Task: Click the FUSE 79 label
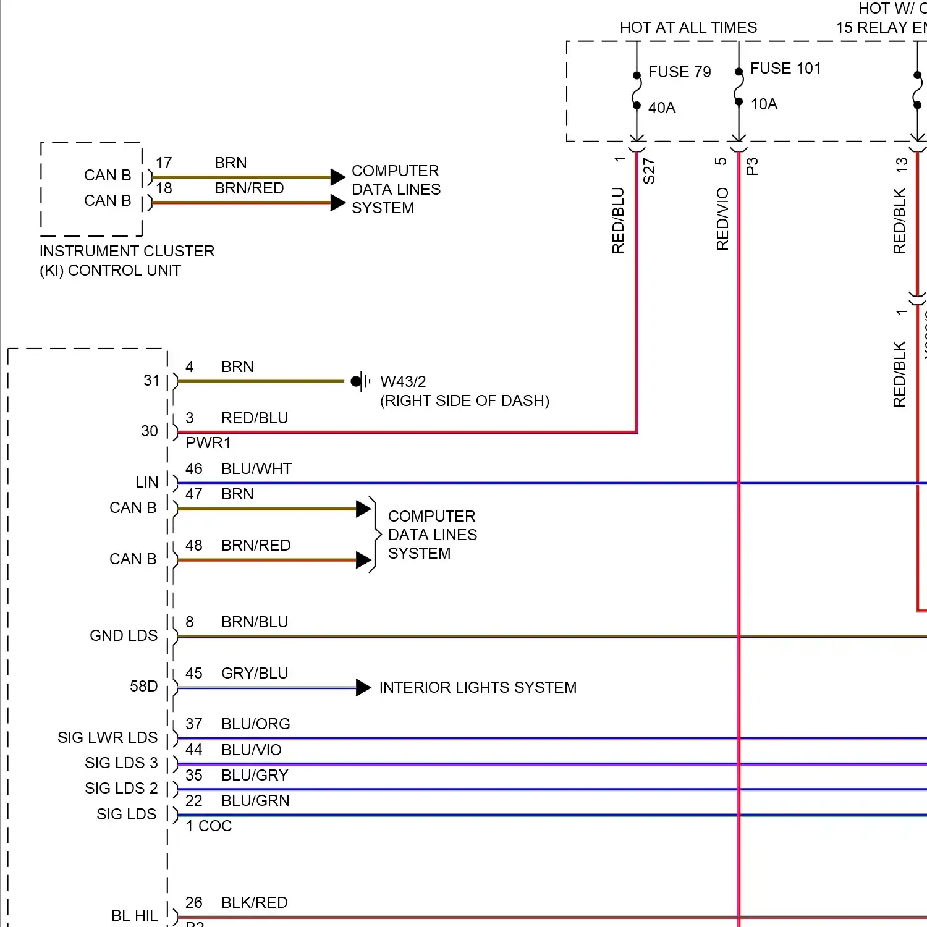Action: pyautogui.click(x=679, y=72)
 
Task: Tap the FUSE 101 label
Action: pyautogui.click(x=785, y=69)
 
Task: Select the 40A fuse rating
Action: pyautogui.click(x=662, y=108)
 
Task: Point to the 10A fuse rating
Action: pyautogui.click(x=764, y=104)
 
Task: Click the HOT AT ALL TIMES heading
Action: pyautogui.click(x=688, y=28)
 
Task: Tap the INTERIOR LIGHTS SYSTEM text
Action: pyautogui.click(x=478, y=688)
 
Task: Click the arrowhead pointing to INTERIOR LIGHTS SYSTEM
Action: pyautogui.click(x=363, y=688)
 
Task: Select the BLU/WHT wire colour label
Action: pyautogui.click(x=256, y=469)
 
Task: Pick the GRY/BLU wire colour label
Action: pyautogui.click(x=255, y=674)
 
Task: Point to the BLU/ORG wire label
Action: pyautogui.click(x=255, y=724)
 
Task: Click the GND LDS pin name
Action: pyautogui.click(x=124, y=636)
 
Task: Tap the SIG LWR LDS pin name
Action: pyautogui.click(x=108, y=738)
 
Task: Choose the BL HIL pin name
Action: pyautogui.click(x=134, y=916)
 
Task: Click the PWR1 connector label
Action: pyautogui.click(x=208, y=443)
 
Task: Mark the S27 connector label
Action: pyautogui.click(x=649, y=171)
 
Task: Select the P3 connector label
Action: pyautogui.click(x=752, y=166)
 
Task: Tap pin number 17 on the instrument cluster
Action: pyautogui.click(x=164, y=163)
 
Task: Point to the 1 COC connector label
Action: pyautogui.click(x=209, y=826)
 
